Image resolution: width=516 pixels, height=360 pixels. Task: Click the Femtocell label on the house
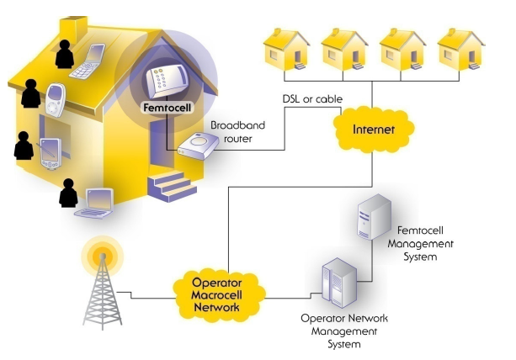tap(168, 108)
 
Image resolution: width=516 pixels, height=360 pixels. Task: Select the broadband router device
tap(198, 146)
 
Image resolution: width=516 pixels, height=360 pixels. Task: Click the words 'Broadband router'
tap(237, 132)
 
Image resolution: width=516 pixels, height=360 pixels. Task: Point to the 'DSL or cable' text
tap(312, 99)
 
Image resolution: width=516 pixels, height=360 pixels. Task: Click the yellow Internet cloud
tap(373, 130)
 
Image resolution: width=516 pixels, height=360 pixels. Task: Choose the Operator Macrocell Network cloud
tap(217, 295)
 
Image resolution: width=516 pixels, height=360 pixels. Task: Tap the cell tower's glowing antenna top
tap(103, 256)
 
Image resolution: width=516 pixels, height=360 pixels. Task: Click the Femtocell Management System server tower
tap(375, 217)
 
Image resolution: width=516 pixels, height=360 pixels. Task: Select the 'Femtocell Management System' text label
tap(420, 244)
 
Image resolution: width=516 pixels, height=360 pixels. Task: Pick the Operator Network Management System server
tap(339, 283)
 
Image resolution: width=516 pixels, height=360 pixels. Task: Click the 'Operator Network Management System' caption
tap(344, 331)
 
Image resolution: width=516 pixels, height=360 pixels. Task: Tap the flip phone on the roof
tap(88, 61)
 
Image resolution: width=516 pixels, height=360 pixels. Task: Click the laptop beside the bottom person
tap(95, 204)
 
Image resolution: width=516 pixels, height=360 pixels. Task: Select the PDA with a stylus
tap(51, 154)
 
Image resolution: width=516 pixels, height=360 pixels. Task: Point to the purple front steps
tap(172, 185)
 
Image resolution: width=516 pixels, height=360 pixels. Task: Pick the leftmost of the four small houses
tap(286, 49)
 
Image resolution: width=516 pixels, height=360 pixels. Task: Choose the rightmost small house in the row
tap(460, 49)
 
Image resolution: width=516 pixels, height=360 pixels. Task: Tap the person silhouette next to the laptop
tap(68, 193)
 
